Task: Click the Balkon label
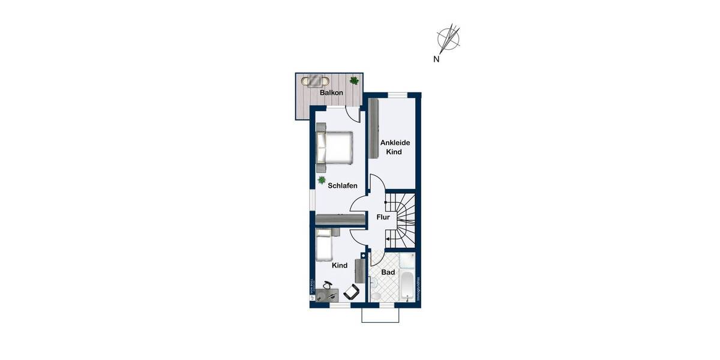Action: [331, 93]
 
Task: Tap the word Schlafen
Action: [343, 185]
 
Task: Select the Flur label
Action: [383, 217]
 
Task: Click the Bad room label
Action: [388, 272]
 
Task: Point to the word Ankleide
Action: [395, 142]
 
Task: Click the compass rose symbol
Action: [449, 38]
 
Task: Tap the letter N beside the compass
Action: [437, 59]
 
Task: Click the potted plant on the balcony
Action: [354, 80]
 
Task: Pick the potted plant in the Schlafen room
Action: [322, 179]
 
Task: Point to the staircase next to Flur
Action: [402, 219]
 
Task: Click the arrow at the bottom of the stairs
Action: [389, 239]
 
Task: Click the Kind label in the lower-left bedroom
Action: [339, 265]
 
